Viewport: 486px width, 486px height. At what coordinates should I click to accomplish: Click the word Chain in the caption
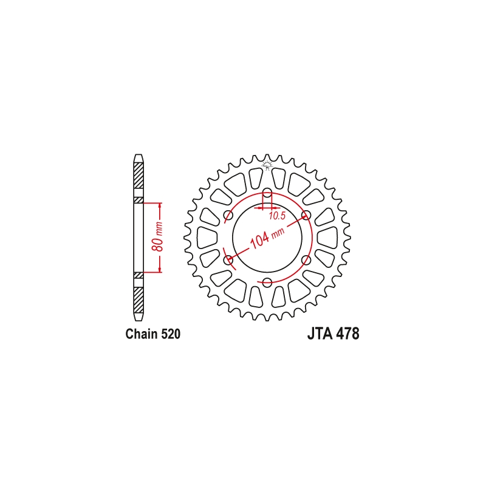tap(142, 334)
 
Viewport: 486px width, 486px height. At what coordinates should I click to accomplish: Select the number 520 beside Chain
tap(171, 334)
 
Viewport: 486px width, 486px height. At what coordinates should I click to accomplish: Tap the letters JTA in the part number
tap(320, 334)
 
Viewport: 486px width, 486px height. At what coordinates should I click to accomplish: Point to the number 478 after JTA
tap(347, 334)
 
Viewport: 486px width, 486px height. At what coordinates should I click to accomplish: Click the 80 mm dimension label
tap(158, 236)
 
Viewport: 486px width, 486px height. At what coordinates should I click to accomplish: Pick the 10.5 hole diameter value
tap(277, 216)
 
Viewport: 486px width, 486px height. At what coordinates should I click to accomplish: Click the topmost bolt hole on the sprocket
tap(267, 192)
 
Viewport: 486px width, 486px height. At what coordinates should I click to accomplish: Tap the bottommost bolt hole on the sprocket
tap(267, 282)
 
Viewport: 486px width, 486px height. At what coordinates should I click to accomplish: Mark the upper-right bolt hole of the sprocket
tap(306, 215)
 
